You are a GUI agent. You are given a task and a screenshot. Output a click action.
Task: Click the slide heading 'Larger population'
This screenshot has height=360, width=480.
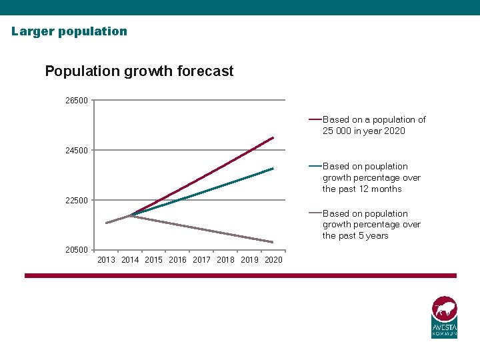click(69, 31)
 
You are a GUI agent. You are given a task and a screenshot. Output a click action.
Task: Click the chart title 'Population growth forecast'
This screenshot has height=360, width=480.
click(139, 71)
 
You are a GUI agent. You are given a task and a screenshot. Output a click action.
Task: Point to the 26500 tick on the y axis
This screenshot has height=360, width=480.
click(76, 101)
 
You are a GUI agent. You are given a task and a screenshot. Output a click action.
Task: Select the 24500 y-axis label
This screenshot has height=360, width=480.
click(76, 151)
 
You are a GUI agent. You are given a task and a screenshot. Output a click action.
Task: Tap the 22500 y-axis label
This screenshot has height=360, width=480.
click(76, 201)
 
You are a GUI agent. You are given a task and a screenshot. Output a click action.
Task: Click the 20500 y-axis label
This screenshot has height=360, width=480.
click(76, 250)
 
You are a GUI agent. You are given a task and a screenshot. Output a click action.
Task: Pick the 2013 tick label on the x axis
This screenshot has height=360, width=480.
click(106, 260)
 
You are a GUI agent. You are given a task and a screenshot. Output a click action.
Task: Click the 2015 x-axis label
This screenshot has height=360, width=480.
click(153, 260)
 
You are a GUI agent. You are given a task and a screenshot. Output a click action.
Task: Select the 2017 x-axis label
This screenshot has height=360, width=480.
click(201, 260)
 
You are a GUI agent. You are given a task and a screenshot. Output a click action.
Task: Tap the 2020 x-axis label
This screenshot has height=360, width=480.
click(273, 260)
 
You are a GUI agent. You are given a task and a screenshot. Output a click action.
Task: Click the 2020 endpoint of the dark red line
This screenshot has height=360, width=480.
click(273, 138)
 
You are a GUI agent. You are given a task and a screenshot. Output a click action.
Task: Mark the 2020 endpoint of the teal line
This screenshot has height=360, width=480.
click(273, 169)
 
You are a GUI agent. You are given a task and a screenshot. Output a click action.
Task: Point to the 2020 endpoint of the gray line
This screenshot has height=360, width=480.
click(273, 242)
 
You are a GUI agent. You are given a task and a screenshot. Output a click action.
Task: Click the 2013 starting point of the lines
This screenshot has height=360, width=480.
click(107, 223)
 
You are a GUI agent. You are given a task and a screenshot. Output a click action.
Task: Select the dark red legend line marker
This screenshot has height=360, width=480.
click(315, 120)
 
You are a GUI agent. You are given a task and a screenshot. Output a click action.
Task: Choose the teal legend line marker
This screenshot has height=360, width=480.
click(315, 167)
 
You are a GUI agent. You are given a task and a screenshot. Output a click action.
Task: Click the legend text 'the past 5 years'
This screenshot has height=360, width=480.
click(355, 236)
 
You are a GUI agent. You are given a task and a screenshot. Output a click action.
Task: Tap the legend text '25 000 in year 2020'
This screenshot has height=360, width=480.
click(364, 131)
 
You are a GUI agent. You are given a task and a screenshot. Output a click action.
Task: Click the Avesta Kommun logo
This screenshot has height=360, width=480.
click(444, 317)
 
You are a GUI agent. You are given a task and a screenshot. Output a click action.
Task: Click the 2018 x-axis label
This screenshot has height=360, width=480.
click(225, 260)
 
